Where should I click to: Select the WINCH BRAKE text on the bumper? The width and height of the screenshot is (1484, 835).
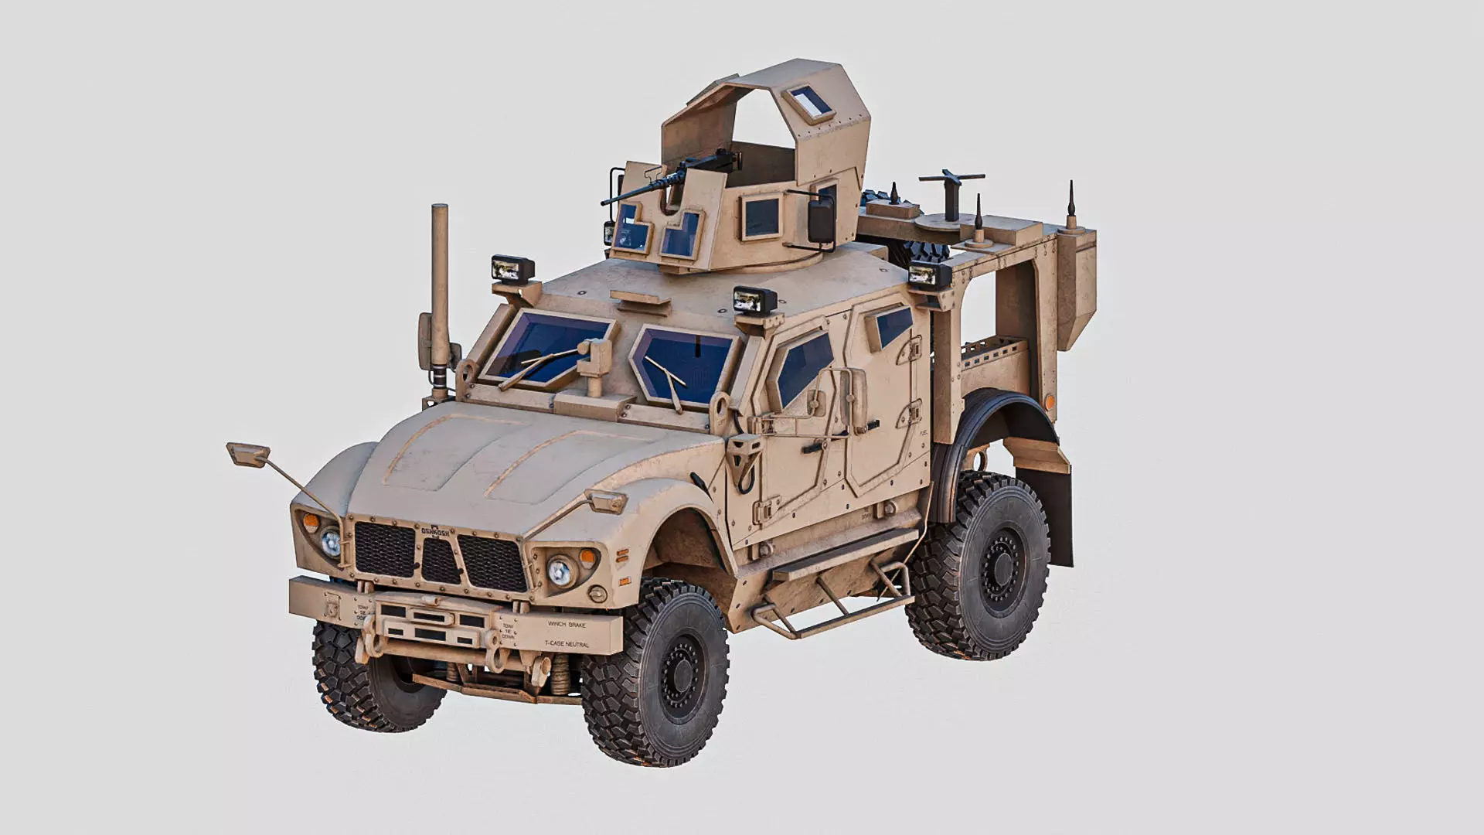[567, 624]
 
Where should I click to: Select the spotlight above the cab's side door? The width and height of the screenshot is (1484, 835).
[754, 300]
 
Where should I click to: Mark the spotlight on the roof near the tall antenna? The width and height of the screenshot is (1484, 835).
[512, 268]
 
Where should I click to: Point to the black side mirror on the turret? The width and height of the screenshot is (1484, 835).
[819, 218]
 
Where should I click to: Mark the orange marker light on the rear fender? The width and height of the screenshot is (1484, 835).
[1049, 400]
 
